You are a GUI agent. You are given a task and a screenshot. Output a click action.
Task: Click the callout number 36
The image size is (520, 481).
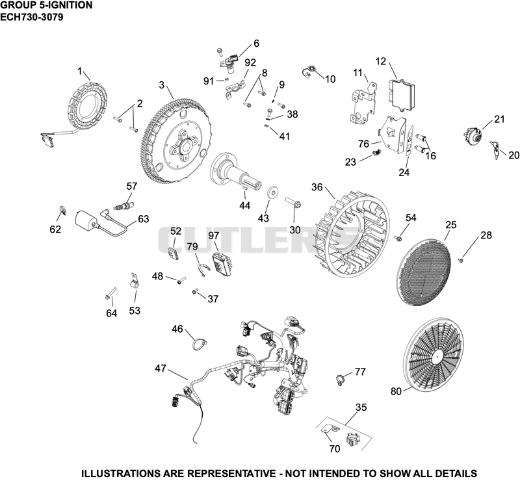click(317, 187)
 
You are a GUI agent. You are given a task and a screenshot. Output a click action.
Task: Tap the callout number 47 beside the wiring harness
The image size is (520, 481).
click(161, 368)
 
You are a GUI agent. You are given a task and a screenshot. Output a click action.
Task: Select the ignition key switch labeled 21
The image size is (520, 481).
click(472, 135)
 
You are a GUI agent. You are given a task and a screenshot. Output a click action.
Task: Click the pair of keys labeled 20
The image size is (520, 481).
click(496, 151)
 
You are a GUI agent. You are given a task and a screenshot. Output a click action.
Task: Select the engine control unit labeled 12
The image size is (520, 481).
click(401, 94)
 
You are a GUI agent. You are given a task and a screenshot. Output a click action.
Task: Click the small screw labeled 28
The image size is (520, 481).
click(461, 261)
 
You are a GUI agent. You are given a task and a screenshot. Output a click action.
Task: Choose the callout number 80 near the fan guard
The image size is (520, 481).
click(396, 391)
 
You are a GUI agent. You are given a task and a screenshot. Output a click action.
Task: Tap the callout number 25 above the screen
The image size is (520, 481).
click(451, 225)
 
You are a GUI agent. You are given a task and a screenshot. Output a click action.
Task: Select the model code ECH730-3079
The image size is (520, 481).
click(31, 17)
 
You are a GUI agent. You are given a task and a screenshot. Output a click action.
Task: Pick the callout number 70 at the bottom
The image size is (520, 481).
click(335, 448)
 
